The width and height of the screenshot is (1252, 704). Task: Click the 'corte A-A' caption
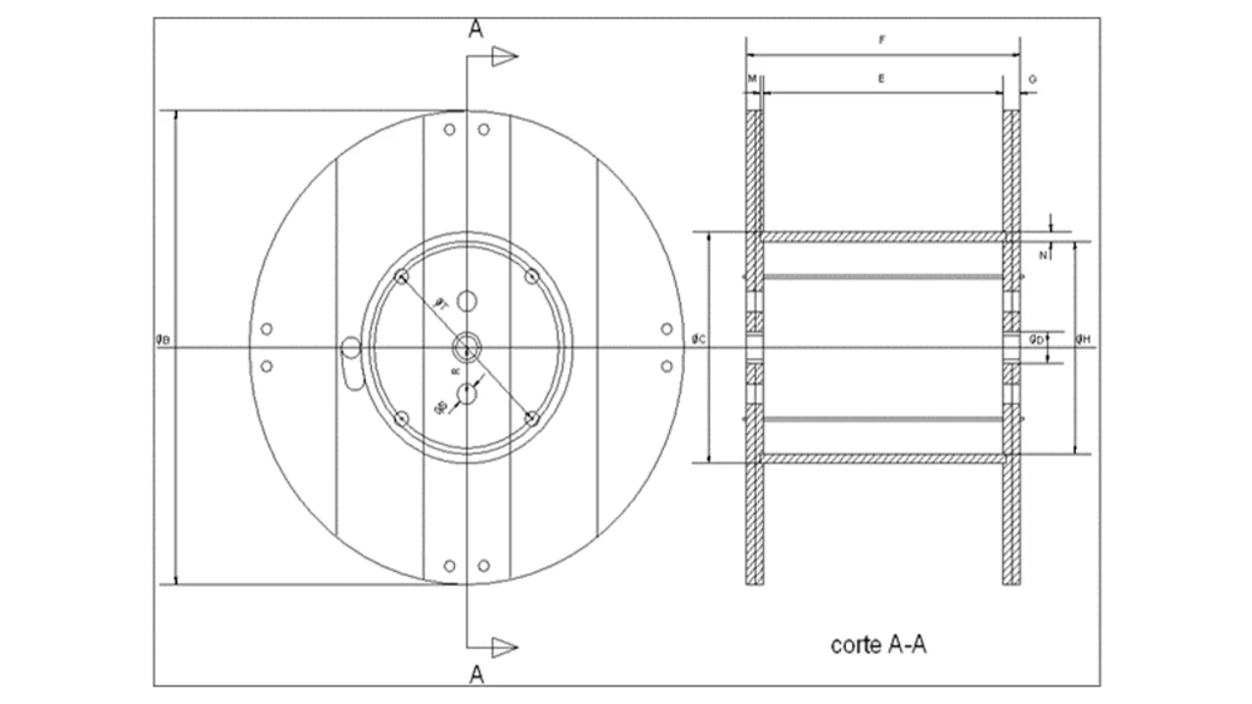[x=877, y=645]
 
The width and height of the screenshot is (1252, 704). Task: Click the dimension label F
[x=882, y=40]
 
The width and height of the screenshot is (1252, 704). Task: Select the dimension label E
[x=881, y=77]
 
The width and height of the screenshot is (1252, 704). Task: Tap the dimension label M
[x=751, y=77]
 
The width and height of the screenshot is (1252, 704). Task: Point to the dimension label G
[x=1033, y=77]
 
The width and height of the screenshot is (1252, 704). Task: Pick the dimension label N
[x=1043, y=255]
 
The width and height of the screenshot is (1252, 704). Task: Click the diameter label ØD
[x=1035, y=338]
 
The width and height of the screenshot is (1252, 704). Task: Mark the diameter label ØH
[x=1083, y=338]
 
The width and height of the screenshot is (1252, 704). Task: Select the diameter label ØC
[x=698, y=338]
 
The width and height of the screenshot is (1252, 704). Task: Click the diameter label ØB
[x=163, y=339]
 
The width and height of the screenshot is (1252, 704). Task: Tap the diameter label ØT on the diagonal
[x=441, y=304]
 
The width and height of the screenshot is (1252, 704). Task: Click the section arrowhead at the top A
[x=504, y=56]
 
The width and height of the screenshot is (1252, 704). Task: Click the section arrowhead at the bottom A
[x=504, y=646]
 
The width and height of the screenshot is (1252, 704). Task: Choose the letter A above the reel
[x=475, y=27]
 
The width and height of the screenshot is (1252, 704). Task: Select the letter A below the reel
[x=475, y=674]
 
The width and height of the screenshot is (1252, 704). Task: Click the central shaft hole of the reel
[x=467, y=347]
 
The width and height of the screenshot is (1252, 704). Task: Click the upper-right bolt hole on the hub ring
[x=531, y=277]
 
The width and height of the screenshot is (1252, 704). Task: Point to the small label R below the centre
[x=454, y=372]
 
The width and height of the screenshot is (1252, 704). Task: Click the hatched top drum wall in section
[x=882, y=237]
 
